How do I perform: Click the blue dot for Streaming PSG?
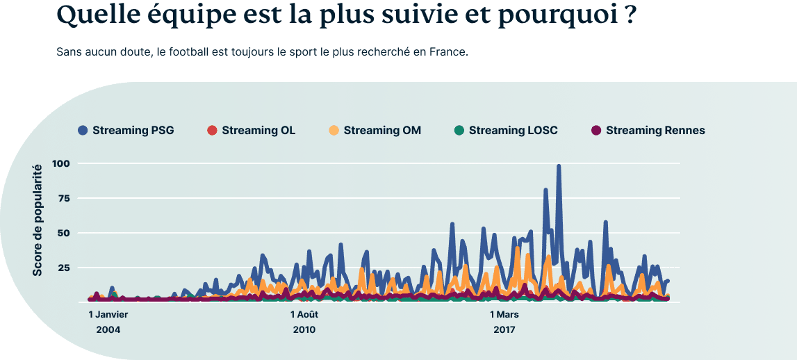[83, 130]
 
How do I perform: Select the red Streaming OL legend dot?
[213, 130]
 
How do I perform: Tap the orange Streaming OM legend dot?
[334, 130]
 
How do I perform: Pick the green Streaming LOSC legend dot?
[459, 130]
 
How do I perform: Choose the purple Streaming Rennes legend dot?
[596, 130]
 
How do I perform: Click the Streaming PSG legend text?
[133, 130]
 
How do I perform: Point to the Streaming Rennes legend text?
[655, 130]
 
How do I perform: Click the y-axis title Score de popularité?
[38, 219]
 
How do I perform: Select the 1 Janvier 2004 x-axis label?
[108, 321]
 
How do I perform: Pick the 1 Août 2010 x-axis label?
[304, 321]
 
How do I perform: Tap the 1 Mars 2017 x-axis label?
[504, 321]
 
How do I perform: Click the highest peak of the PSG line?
[559, 167]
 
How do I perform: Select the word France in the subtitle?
[450, 53]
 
